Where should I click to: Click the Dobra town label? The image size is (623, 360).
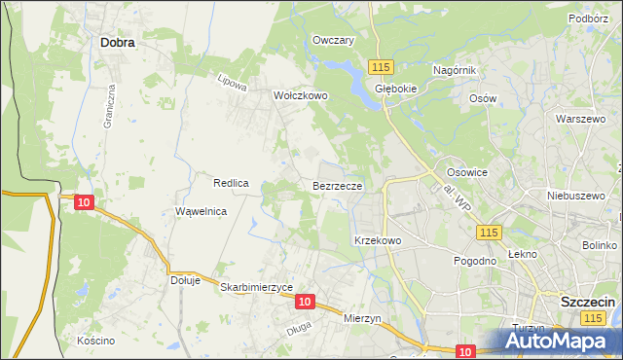[x=117, y=43]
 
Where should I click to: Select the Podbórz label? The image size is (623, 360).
[x=589, y=18]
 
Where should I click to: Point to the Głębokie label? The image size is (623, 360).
[x=396, y=88]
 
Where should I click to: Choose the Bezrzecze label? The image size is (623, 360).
[x=338, y=185]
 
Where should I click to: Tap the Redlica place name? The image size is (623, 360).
[x=233, y=182]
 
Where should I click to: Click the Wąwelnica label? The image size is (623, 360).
[x=202, y=211]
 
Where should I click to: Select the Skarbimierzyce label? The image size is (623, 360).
[x=257, y=287]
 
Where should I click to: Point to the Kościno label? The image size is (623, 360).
[x=95, y=341]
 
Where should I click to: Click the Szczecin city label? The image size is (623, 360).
[x=588, y=303]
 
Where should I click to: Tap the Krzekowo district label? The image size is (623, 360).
[x=378, y=240]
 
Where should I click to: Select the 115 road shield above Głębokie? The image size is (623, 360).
[x=381, y=65]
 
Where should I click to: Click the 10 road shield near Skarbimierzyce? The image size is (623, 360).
[x=305, y=303]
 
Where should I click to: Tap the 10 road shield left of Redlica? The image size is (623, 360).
[x=84, y=201]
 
